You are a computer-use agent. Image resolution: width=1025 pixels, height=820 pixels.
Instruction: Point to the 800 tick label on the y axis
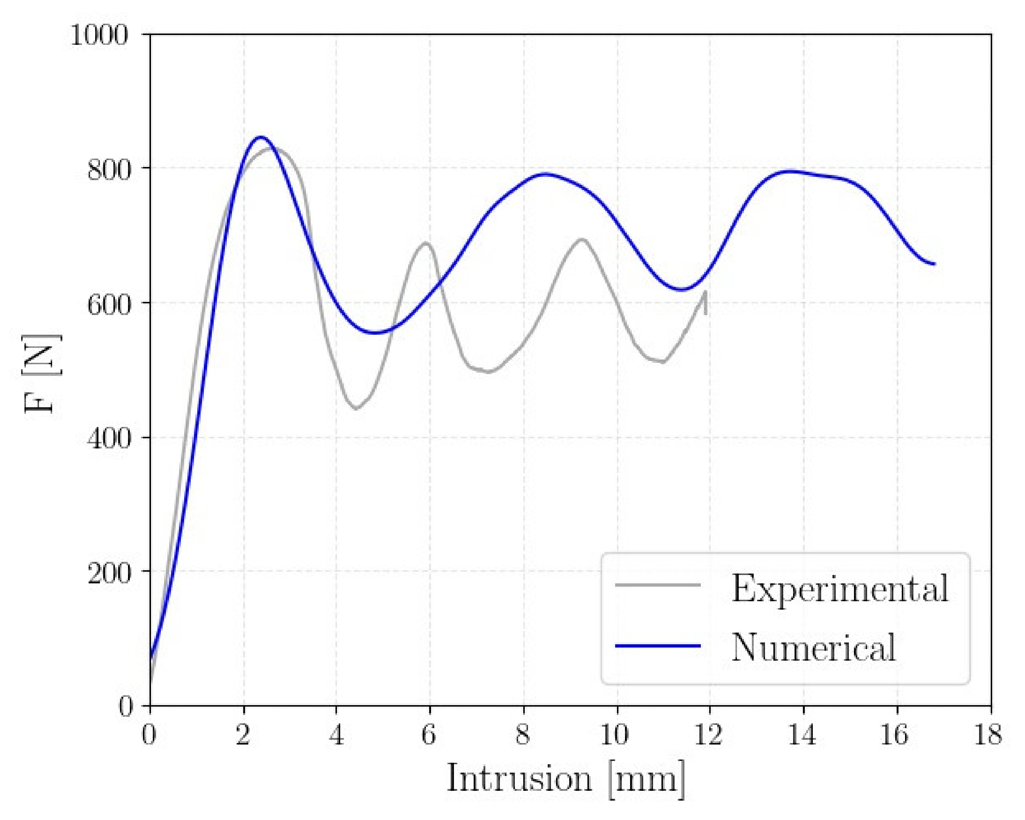pyautogui.click(x=108, y=169)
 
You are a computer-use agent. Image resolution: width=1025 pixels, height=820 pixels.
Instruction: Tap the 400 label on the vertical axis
pyautogui.click(x=108, y=438)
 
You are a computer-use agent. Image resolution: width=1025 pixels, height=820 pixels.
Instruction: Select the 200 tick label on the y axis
pyautogui.click(x=108, y=572)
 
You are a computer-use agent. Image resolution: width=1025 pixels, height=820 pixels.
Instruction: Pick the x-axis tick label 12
pyautogui.click(x=708, y=734)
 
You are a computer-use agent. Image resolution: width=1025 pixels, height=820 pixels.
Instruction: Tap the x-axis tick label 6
pyautogui.click(x=428, y=734)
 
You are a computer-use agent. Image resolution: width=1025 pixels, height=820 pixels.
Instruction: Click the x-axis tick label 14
pyautogui.click(x=802, y=734)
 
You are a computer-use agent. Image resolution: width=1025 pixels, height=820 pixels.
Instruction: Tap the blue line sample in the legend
pyautogui.click(x=657, y=646)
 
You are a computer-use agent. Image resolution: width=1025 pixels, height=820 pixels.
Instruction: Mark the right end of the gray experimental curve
pyautogui.click(x=706, y=292)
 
